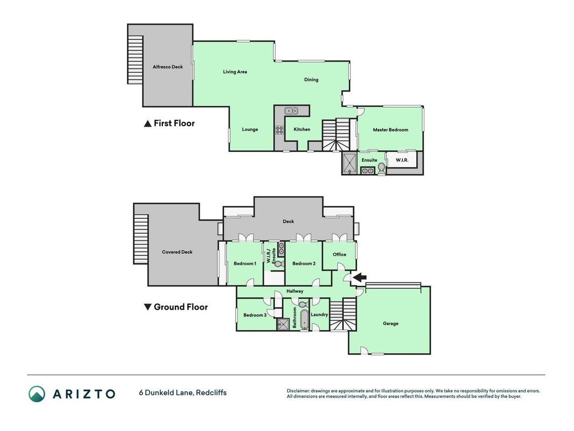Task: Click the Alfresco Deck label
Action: point(168,67)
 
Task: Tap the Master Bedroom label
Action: point(390,130)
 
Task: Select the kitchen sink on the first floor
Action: point(292,110)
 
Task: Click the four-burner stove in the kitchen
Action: point(279,130)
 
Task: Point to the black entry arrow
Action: point(359,278)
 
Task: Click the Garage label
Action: point(390,324)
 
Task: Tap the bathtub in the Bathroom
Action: point(304,319)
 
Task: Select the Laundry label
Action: point(319,315)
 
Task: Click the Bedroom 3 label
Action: point(255,315)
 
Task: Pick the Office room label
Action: point(339,254)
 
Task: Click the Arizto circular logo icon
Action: point(37,394)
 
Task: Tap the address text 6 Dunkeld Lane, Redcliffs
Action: point(183,393)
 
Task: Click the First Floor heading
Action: point(169,123)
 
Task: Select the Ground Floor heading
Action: point(176,307)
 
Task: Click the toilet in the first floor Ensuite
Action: point(381,168)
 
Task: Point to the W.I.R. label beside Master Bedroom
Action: point(402,160)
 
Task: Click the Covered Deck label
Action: point(177,252)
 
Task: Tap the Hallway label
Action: point(295,291)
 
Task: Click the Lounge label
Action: point(250,129)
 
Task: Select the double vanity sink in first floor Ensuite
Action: point(367,170)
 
